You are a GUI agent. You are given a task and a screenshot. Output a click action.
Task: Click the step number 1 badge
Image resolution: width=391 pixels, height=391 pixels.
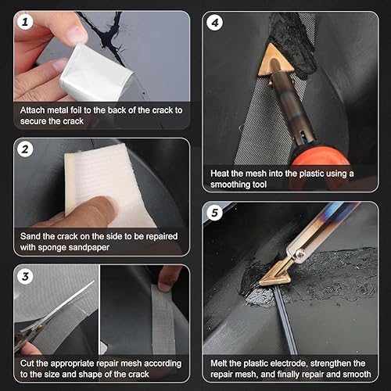(x=26, y=23)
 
